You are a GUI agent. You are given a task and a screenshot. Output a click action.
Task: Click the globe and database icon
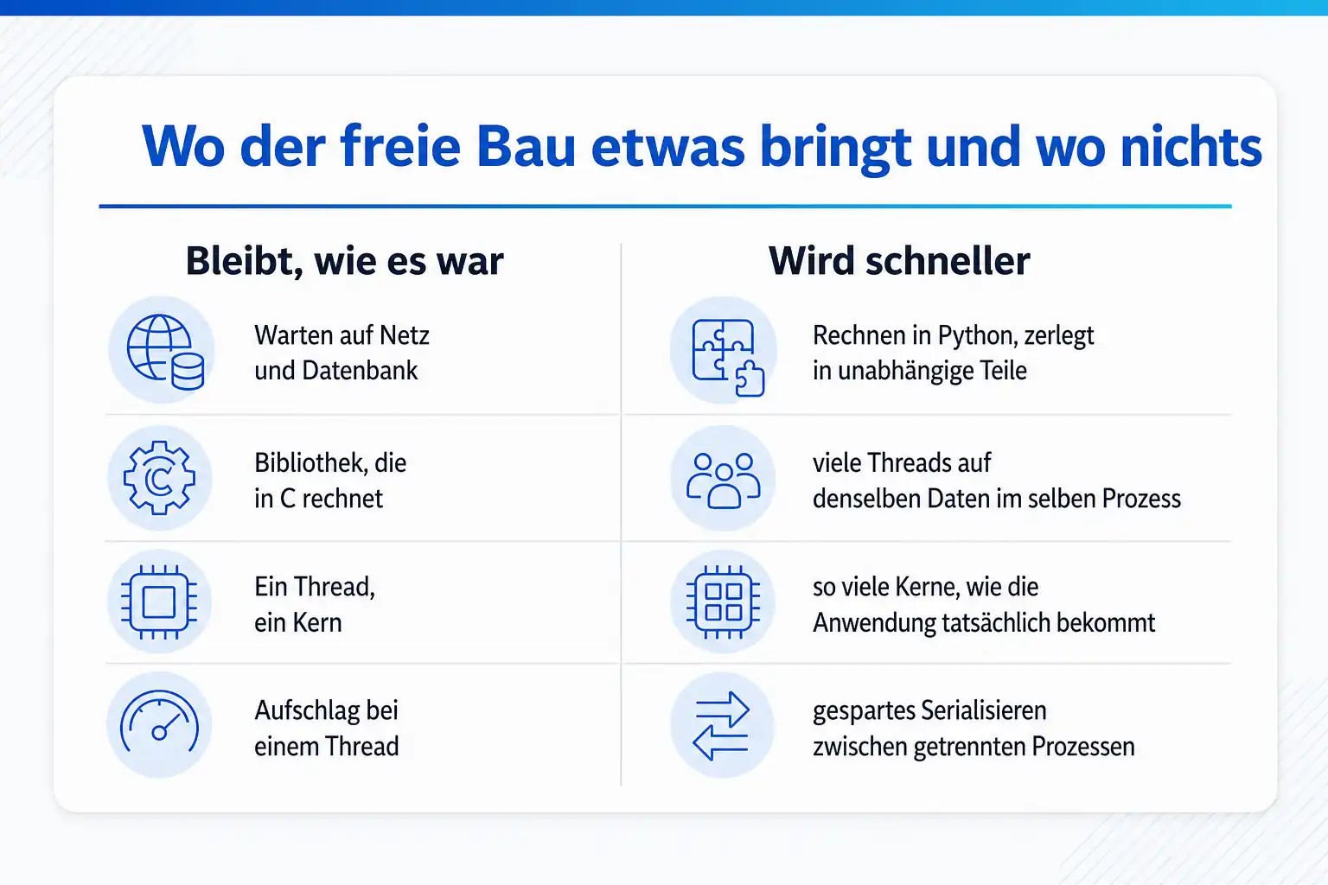point(165,352)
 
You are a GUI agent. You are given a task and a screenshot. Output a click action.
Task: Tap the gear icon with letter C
point(159,478)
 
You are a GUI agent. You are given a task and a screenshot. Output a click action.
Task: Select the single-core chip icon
point(159,602)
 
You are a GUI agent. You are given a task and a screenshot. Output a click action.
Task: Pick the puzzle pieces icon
point(728,358)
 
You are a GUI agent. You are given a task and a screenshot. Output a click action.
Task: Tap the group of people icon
point(724,481)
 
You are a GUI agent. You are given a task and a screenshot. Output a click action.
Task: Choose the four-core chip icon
point(724,602)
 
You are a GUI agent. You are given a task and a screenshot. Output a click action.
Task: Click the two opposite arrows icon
point(721,726)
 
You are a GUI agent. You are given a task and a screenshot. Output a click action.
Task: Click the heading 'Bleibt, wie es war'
point(344,261)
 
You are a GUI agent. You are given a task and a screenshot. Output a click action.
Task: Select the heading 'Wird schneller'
point(899,261)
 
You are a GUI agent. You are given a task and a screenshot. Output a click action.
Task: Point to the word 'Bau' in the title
point(526,146)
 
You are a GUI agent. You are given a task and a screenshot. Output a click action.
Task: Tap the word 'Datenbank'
point(360,371)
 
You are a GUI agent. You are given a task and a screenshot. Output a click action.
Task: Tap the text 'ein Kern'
point(298,623)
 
